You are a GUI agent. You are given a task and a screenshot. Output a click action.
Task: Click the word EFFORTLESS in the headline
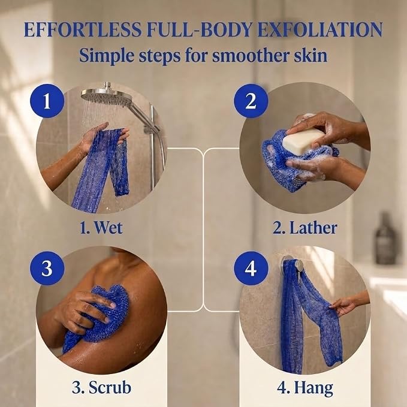click(83, 29)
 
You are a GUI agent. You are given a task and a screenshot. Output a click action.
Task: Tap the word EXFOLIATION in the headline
click(320, 29)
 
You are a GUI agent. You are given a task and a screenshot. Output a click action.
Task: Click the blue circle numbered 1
click(47, 101)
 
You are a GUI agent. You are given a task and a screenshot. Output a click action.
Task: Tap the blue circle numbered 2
click(251, 101)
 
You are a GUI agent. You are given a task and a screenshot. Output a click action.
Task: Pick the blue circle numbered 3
click(47, 268)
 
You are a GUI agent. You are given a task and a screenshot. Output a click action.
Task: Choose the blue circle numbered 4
click(251, 268)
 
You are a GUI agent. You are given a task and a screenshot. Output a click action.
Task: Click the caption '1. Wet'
click(101, 227)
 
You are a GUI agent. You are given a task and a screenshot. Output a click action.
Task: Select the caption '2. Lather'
click(305, 227)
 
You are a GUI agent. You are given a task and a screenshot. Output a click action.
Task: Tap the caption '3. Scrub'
click(101, 388)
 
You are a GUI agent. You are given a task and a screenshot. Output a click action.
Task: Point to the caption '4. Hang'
click(305, 388)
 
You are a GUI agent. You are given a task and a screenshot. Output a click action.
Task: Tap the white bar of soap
click(303, 141)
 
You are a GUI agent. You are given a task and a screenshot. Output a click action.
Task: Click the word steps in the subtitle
click(159, 56)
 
